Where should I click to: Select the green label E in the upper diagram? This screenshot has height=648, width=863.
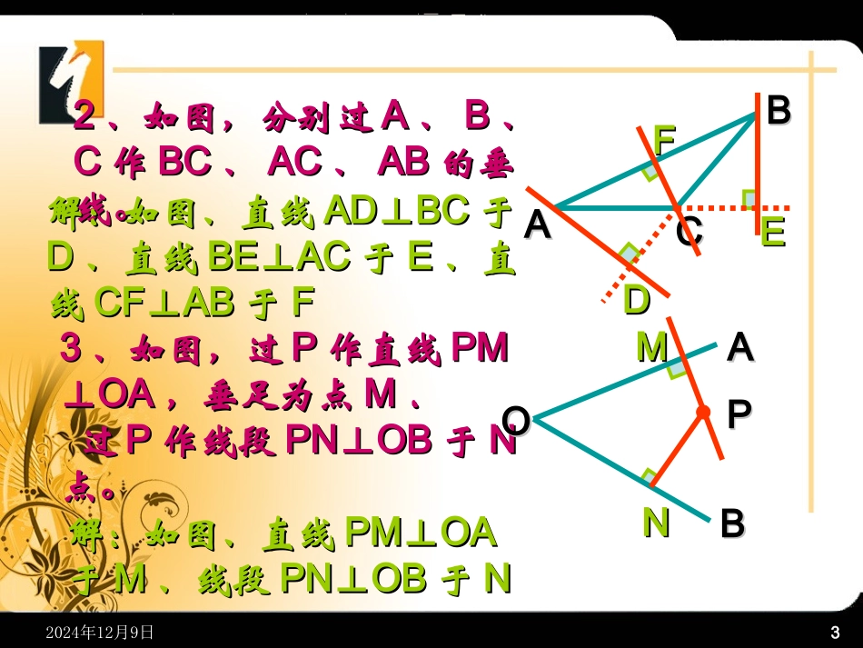point(772,233)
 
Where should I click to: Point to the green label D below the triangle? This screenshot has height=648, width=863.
point(636,300)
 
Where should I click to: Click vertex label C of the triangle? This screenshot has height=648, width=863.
point(689,233)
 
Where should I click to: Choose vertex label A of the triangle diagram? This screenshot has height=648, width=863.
point(538,224)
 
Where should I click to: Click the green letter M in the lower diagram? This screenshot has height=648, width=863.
point(651,347)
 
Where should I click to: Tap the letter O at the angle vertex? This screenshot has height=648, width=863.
point(516,420)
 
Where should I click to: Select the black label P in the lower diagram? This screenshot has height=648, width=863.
point(739,414)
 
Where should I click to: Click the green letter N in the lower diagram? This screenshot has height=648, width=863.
point(656,522)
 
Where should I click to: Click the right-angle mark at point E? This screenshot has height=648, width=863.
point(749,198)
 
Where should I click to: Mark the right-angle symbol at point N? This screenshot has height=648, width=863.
point(649,476)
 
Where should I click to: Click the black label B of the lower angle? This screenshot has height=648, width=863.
point(732,524)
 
